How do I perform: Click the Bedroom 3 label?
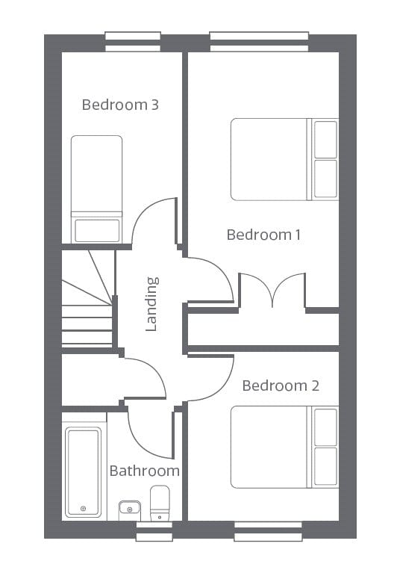[x=120, y=105]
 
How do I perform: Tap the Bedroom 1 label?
[x=263, y=235]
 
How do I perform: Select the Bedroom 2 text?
[x=281, y=386]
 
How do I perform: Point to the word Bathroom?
[x=145, y=471]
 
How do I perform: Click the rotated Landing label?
[x=151, y=304]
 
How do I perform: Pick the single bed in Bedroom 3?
[x=97, y=189]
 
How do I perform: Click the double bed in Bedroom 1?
[x=284, y=159]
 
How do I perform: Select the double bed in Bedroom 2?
[x=284, y=447]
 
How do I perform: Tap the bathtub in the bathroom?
[x=83, y=472]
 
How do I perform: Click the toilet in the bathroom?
[x=160, y=503]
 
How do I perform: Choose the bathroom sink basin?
[x=130, y=510]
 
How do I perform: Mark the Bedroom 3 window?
[x=133, y=41]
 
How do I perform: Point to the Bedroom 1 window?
[x=259, y=41]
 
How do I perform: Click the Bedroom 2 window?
[x=268, y=531]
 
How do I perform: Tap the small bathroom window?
[x=154, y=531]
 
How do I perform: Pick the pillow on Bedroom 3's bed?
[x=97, y=231]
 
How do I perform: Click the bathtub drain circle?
[x=83, y=509]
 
